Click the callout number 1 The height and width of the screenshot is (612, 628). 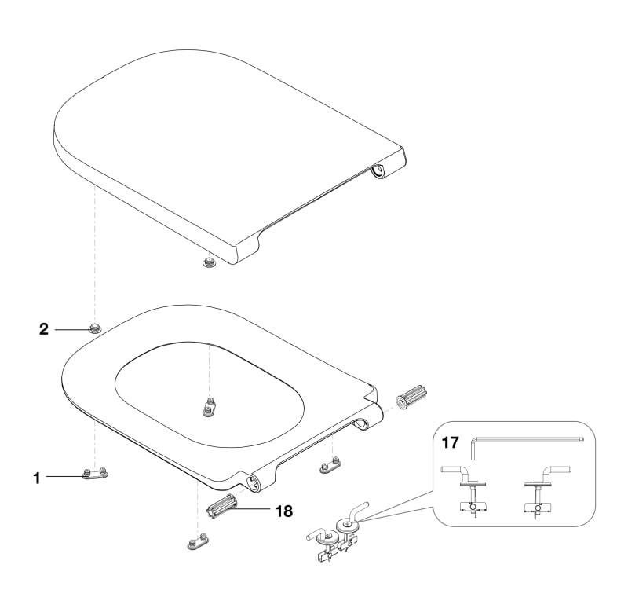(36, 476)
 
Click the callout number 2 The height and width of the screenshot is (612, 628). (44, 328)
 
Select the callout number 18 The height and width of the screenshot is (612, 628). (283, 511)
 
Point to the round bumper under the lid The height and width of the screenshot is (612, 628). (208, 261)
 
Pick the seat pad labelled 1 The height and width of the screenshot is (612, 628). (97, 474)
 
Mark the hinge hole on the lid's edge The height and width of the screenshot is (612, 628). (379, 170)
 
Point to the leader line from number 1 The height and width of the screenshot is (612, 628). (63, 475)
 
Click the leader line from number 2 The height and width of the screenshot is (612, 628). (69, 328)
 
